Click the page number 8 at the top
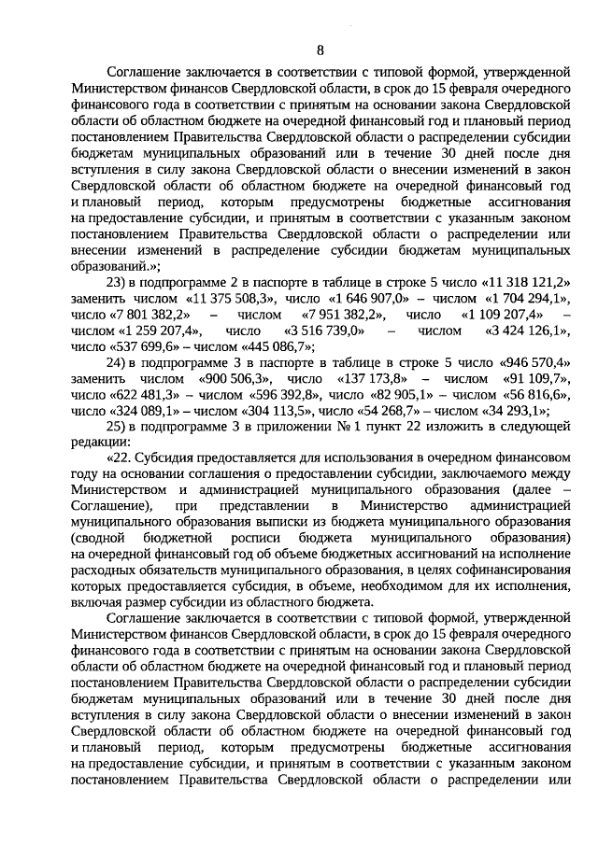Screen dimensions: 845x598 (320, 49)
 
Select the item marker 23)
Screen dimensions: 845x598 (117, 283)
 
